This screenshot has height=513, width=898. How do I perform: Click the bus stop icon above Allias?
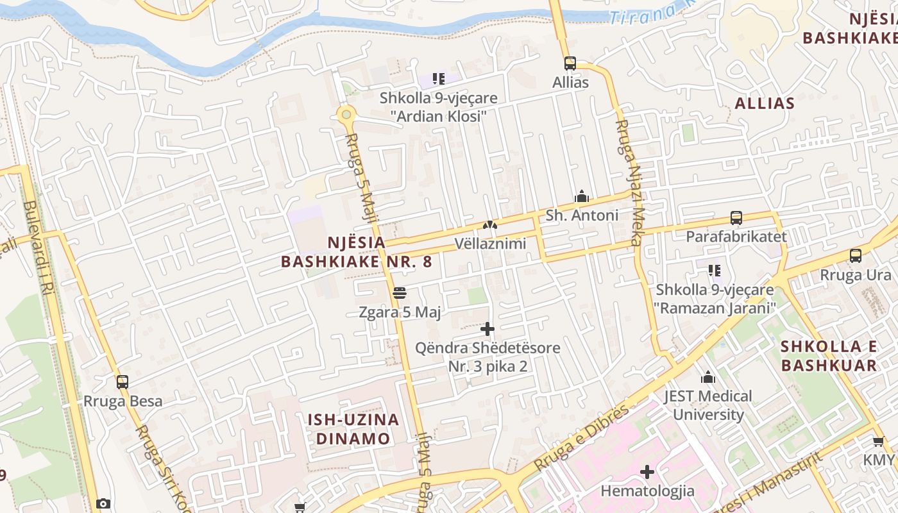(x=570, y=63)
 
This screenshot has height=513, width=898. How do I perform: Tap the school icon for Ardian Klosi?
(x=439, y=79)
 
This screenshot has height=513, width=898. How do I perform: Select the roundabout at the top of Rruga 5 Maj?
(x=346, y=115)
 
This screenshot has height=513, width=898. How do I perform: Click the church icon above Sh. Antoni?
(x=582, y=196)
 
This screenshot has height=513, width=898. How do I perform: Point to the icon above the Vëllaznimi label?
(x=490, y=225)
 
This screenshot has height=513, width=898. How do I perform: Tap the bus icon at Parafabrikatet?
(x=736, y=218)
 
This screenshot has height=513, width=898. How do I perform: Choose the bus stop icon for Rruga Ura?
(x=856, y=256)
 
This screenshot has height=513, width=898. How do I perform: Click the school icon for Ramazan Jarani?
(x=715, y=271)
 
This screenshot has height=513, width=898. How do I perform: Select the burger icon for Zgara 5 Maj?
(x=400, y=294)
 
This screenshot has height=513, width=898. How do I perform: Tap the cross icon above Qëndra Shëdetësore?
(x=487, y=329)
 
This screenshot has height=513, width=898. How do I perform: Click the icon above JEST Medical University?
(x=708, y=377)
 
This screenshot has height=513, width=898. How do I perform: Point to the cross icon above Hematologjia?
(x=647, y=472)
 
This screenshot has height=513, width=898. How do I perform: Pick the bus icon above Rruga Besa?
(x=123, y=382)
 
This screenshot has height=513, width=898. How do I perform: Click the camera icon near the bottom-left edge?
(x=103, y=504)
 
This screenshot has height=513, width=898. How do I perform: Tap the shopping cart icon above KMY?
(x=878, y=441)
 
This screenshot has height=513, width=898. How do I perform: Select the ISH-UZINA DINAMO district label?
(x=353, y=429)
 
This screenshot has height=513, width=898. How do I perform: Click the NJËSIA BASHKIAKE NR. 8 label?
(x=357, y=252)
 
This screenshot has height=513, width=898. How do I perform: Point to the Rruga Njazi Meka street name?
(x=629, y=183)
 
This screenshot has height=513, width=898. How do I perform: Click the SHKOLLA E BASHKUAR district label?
(x=829, y=356)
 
